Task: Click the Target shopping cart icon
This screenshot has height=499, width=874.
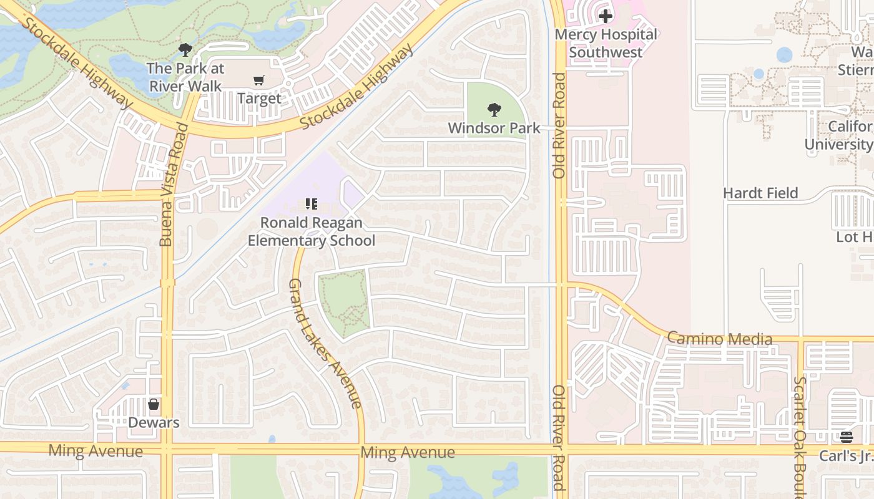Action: point(258,80)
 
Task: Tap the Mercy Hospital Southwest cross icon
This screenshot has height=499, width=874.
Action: point(605,16)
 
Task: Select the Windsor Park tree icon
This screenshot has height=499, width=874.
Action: point(494,110)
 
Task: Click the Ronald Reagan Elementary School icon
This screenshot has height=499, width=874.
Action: point(311,204)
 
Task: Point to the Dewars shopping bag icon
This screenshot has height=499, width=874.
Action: point(154,404)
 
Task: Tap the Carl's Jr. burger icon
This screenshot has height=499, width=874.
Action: point(846,437)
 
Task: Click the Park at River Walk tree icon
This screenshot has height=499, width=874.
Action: point(185,50)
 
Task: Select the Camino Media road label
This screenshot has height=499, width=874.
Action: point(719,339)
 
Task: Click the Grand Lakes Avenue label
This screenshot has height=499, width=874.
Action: point(324,343)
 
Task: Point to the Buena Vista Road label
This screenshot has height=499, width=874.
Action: point(166,185)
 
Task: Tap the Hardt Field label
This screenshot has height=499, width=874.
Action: point(760,193)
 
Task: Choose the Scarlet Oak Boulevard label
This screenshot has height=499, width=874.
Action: point(800,437)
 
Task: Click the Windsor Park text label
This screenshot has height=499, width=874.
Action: point(494,128)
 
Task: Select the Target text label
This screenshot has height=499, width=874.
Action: point(258,99)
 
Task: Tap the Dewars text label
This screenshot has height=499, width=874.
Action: point(154,422)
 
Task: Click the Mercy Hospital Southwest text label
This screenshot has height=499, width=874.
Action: point(605,43)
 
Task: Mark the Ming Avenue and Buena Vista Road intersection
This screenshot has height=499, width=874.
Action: point(167,449)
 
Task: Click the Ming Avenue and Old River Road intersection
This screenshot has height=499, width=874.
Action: point(560,449)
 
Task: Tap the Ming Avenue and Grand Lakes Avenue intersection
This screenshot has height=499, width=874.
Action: point(362,449)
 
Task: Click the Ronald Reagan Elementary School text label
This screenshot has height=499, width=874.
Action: point(311,231)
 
